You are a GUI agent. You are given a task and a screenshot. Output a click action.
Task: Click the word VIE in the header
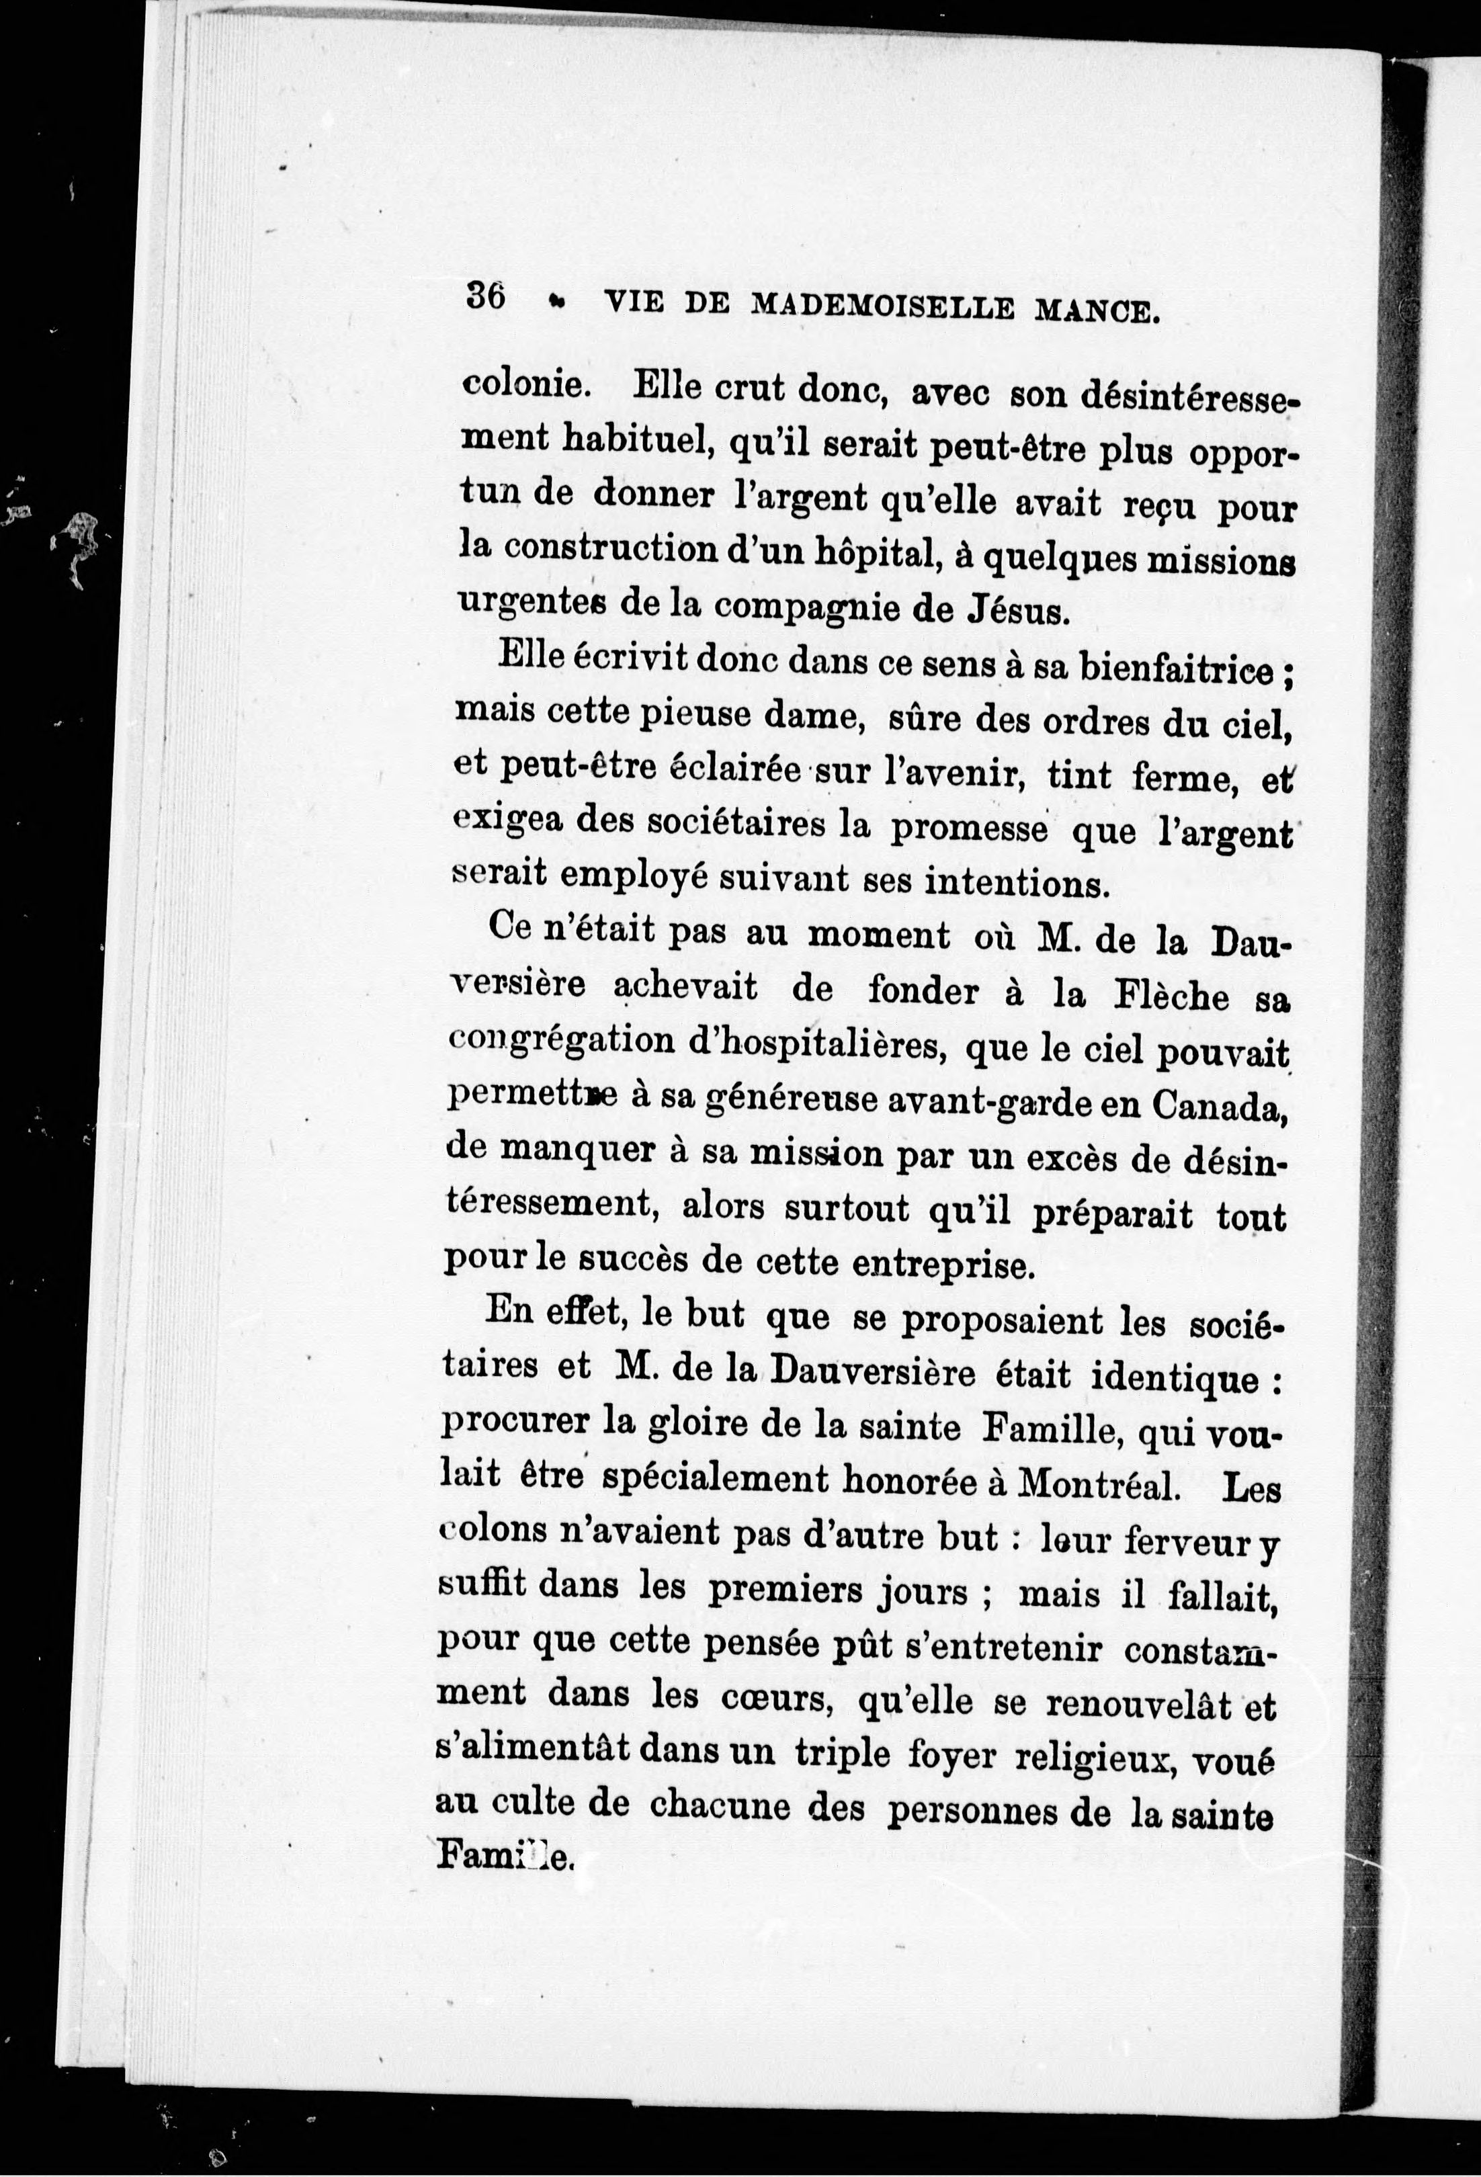click(x=637, y=302)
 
